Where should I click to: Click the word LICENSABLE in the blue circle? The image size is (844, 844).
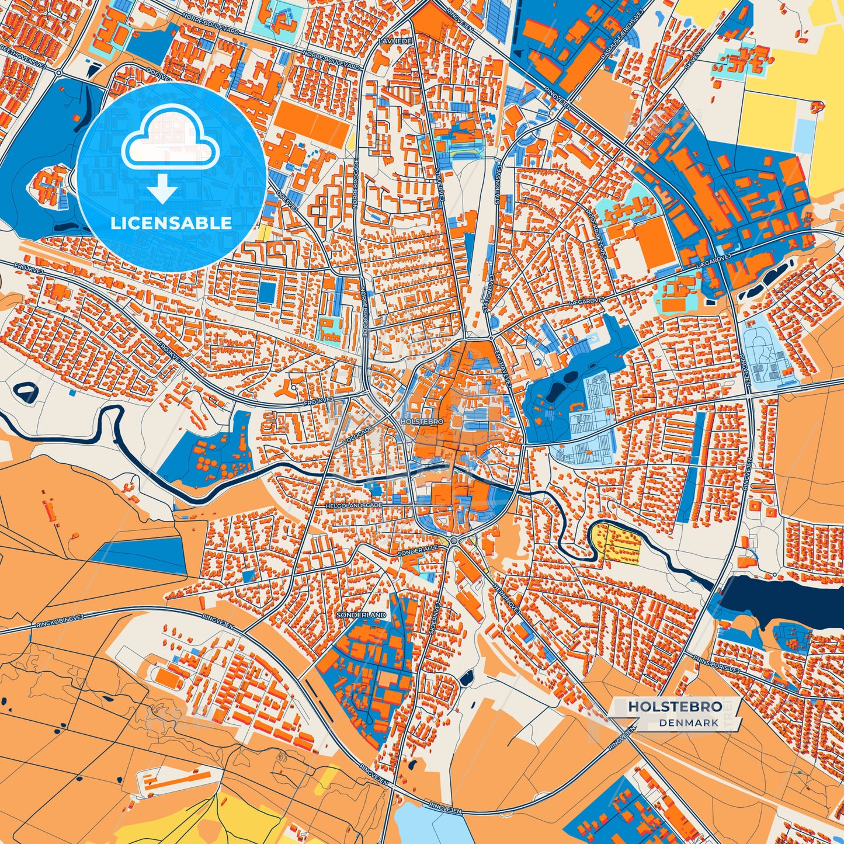point(171,223)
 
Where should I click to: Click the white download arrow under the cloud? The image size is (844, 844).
point(162,189)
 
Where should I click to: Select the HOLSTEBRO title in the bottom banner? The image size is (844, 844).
point(675,706)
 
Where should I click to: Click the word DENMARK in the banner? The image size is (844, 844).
point(689,723)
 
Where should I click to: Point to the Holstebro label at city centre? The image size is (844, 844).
point(422,421)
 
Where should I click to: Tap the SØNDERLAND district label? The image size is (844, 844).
point(361,615)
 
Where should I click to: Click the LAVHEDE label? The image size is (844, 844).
point(395,41)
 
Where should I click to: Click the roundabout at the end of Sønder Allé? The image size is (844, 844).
point(453,541)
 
